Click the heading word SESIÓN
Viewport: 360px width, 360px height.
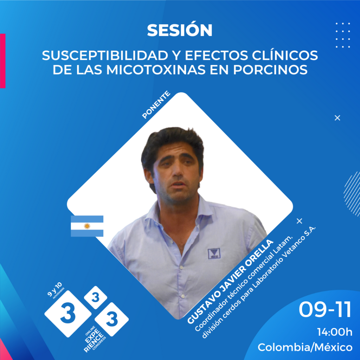[180, 30]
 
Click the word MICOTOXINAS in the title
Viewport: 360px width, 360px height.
[156, 70]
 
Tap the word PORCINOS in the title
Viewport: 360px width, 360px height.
[270, 70]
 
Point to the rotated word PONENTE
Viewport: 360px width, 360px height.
[156, 105]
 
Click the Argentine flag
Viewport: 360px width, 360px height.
[87, 226]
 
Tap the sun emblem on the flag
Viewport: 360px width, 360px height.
[87, 226]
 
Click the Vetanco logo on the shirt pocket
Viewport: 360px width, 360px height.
[214, 254]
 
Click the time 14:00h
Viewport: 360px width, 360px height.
[335, 332]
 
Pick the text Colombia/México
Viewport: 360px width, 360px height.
[305, 347]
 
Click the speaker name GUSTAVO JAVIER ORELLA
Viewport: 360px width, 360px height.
[230, 282]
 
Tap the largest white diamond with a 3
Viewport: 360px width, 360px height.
[68, 314]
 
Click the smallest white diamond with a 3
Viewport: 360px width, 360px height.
[96, 297]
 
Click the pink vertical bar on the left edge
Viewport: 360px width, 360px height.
[2, 61]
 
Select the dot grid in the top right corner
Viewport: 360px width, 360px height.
[343, 35]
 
